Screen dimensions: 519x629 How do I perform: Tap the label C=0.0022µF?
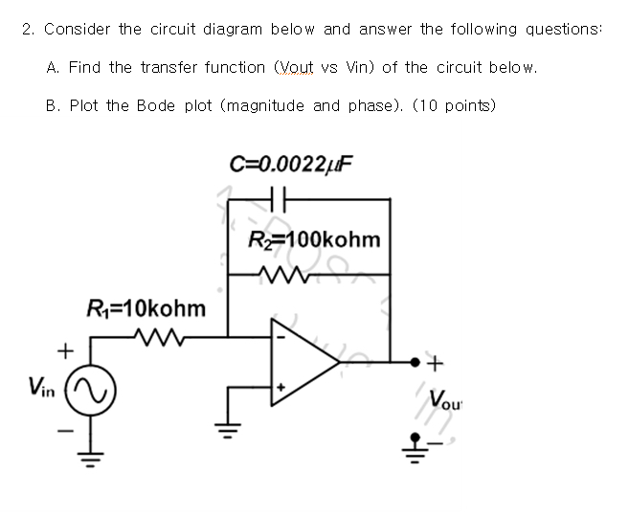tap(292, 163)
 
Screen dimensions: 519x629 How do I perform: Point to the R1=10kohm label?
tap(146, 308)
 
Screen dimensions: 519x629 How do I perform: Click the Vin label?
tap(40, 387)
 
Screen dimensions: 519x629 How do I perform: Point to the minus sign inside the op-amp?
tap(281, 336)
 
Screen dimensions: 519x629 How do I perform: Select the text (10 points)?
tap(454, 105)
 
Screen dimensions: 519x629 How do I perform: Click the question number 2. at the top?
tap(29, 29)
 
